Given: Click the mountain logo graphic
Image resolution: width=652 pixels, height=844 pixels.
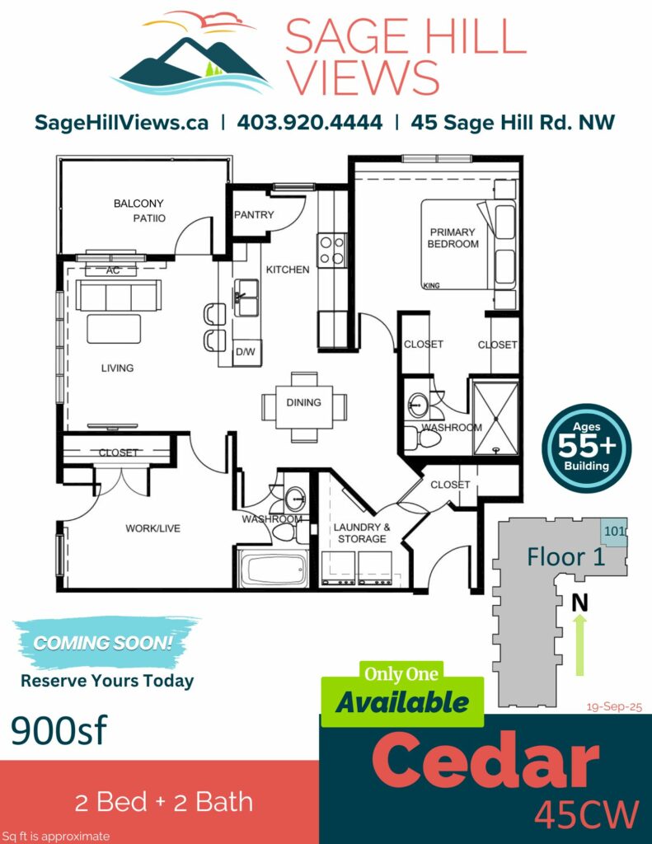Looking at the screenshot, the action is pos(191,54).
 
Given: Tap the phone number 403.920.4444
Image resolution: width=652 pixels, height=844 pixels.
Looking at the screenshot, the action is pos(310,122).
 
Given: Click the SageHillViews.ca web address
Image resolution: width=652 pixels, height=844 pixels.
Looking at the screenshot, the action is pos(121,123).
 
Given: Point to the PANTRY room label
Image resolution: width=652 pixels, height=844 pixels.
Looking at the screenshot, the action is pos(254,215).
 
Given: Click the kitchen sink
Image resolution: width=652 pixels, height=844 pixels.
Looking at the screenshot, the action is pos(247,297).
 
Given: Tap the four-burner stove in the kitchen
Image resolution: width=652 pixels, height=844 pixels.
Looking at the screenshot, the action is pos(331,250).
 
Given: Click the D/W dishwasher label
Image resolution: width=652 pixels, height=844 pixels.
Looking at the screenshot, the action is pos(246,352).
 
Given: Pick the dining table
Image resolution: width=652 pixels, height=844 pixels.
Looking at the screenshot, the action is pos(304,407).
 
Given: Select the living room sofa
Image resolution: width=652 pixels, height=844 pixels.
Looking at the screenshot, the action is pos(119,295).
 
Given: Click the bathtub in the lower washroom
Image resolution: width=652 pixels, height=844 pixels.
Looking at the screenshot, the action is pos(273,569).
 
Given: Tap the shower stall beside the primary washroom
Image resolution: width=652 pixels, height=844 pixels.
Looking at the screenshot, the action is pos(495,418).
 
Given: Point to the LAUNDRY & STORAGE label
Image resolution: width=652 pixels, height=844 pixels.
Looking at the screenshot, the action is pos(362,533).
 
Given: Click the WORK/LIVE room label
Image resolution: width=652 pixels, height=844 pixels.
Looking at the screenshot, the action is pos(153,528).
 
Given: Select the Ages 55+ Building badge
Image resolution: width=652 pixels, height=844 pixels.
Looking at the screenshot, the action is pos(586,448).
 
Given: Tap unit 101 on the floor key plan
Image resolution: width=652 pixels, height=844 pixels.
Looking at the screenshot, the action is pos(614,532).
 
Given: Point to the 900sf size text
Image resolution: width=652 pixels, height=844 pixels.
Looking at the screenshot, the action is pos(59,730).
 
